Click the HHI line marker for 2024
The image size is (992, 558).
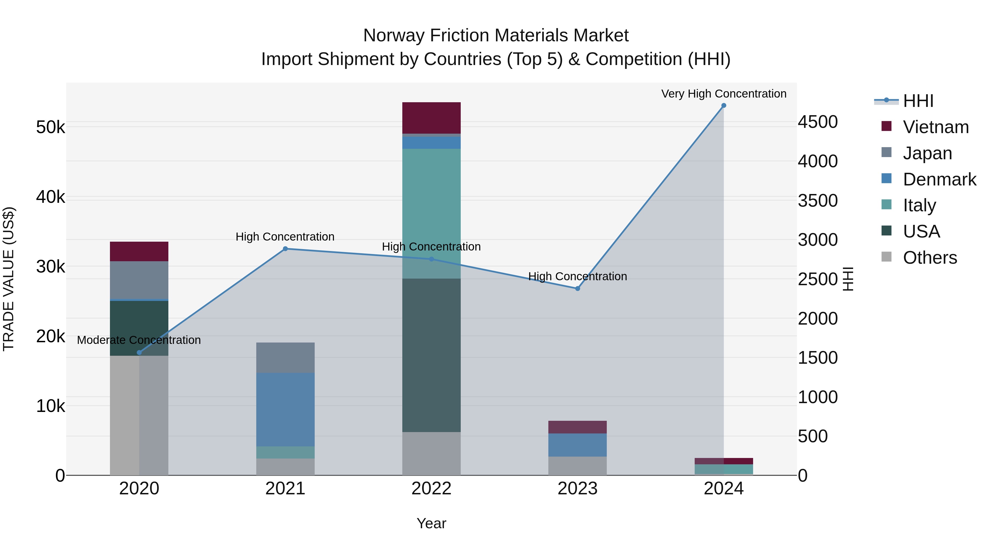(724, 106)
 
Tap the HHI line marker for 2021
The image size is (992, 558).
(285, 249)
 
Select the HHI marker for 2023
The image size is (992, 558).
(578, 289)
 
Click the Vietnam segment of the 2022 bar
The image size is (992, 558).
(431, 118)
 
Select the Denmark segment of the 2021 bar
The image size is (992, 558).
(285, 409)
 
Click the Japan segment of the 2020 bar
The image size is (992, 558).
(139, 280)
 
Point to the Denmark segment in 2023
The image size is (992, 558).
(578, 445)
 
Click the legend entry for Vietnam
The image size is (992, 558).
(936, 127)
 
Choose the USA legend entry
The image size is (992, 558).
(921, 231)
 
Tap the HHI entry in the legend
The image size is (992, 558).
(918, 101)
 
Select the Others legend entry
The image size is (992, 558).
(930, 258)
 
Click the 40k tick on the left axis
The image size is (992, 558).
(50, 197)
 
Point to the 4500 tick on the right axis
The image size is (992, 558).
(818, 122)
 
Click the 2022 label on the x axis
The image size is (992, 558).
(431, 489)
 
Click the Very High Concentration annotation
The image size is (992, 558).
(724, 94)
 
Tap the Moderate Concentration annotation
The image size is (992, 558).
(139, 340)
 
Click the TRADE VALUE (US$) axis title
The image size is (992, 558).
(9, 279)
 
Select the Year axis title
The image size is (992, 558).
(431, 523)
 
